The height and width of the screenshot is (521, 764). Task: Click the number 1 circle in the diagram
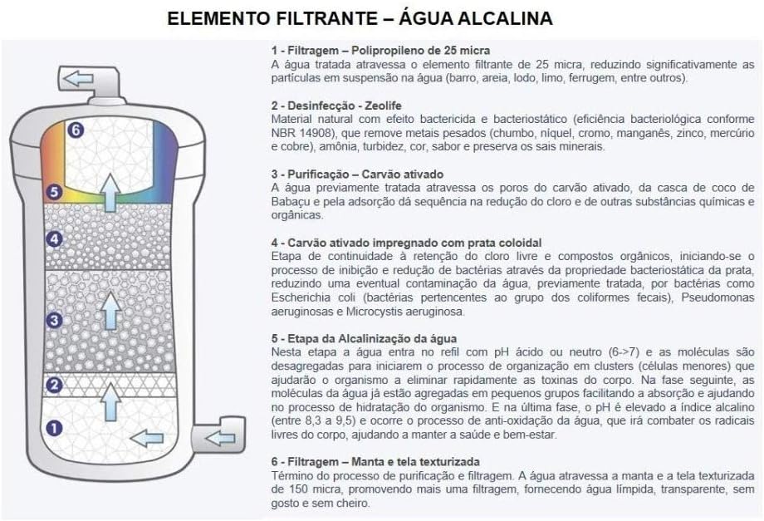point(54,429)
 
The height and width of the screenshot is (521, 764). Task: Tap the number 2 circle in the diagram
point(54,385)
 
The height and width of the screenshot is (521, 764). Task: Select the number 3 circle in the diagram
point(54,320)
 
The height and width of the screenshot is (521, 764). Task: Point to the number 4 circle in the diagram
point(54,238)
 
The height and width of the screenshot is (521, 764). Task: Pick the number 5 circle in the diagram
point(54,192)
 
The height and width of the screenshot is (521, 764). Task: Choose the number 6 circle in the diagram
point(76,130)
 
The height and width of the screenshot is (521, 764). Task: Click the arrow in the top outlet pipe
point(78,78)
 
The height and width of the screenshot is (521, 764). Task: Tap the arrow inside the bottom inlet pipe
point(220,438)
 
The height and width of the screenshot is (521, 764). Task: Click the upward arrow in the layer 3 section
point(111,311)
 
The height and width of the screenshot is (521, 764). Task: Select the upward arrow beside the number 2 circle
point(110,401)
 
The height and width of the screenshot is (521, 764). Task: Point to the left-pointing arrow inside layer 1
point(147,439)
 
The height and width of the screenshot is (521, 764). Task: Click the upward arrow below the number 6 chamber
point(111,192)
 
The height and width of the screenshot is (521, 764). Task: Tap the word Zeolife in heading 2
point(384,106)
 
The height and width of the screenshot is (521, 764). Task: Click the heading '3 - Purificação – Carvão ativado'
point(357,174)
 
